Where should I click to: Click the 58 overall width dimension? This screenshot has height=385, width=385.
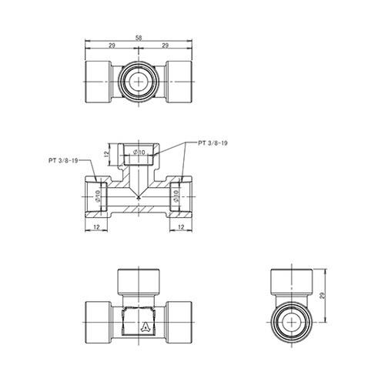pos(139,38)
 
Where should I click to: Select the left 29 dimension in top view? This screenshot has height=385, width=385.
pos(112,45)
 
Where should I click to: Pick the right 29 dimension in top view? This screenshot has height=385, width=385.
pos(166,45)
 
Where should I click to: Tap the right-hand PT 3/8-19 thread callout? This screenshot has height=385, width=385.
pos(213,143)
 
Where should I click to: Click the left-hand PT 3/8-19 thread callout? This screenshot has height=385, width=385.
pos(63,161)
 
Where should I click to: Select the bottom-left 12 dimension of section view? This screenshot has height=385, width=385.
pos(96,227)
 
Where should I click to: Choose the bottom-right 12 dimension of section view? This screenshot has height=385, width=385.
pos(181,227)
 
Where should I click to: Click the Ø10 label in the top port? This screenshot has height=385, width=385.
pos(139,152)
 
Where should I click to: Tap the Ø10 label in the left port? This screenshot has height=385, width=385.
pos(98,196)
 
